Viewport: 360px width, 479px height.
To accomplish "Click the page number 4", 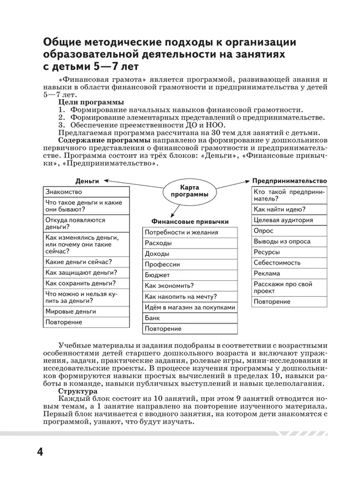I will (39, 451).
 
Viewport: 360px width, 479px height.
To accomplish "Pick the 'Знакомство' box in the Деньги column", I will (86, 192).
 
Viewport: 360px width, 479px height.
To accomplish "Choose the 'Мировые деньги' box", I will (86, 312).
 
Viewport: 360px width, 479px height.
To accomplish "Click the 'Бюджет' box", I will (190, 275).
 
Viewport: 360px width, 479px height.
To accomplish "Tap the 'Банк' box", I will (190, 318).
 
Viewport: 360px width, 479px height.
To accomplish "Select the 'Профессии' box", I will (190, 265).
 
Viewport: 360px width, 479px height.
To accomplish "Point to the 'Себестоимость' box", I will (289, 262).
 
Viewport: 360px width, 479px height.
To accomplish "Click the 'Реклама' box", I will (289, 273).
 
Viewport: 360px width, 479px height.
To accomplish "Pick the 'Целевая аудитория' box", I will (289, 220).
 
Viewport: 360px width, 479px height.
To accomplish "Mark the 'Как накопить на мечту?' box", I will (190, 297).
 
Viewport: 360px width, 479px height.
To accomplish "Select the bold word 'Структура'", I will (78, 390).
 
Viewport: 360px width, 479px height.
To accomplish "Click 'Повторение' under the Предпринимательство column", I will (289, 302).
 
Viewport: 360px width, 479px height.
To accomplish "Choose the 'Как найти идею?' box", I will (289, 209).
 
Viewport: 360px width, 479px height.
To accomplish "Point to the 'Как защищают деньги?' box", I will (86, 272).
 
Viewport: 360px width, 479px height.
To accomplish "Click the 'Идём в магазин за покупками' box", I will (190, 307).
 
